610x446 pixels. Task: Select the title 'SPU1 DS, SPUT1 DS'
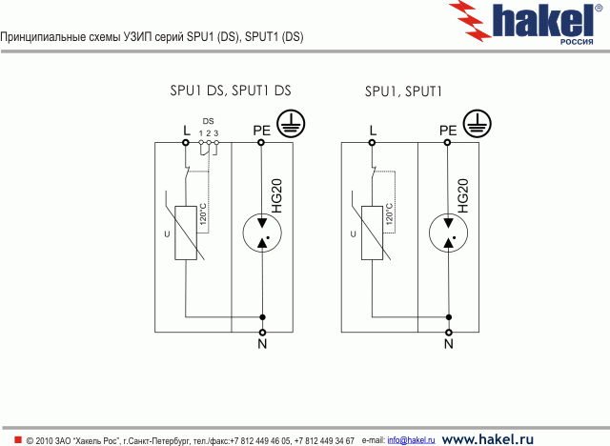click(230, 91)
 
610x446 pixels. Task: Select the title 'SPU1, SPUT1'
click(404, 92)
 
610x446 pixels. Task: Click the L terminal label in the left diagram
click(186, 130)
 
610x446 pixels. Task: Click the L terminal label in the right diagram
click(372, 130)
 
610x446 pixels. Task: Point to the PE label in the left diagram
click(261, 130)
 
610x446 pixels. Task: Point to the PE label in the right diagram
click(447, 130)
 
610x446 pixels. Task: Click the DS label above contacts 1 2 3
click(208, 121)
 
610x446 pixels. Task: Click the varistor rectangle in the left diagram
click(186, 233)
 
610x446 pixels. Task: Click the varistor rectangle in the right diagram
click(372, 233)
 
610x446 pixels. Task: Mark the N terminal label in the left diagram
click(262, 343)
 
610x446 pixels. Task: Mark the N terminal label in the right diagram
click(448, 343)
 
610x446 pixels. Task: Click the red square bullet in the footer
click(17, 439)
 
